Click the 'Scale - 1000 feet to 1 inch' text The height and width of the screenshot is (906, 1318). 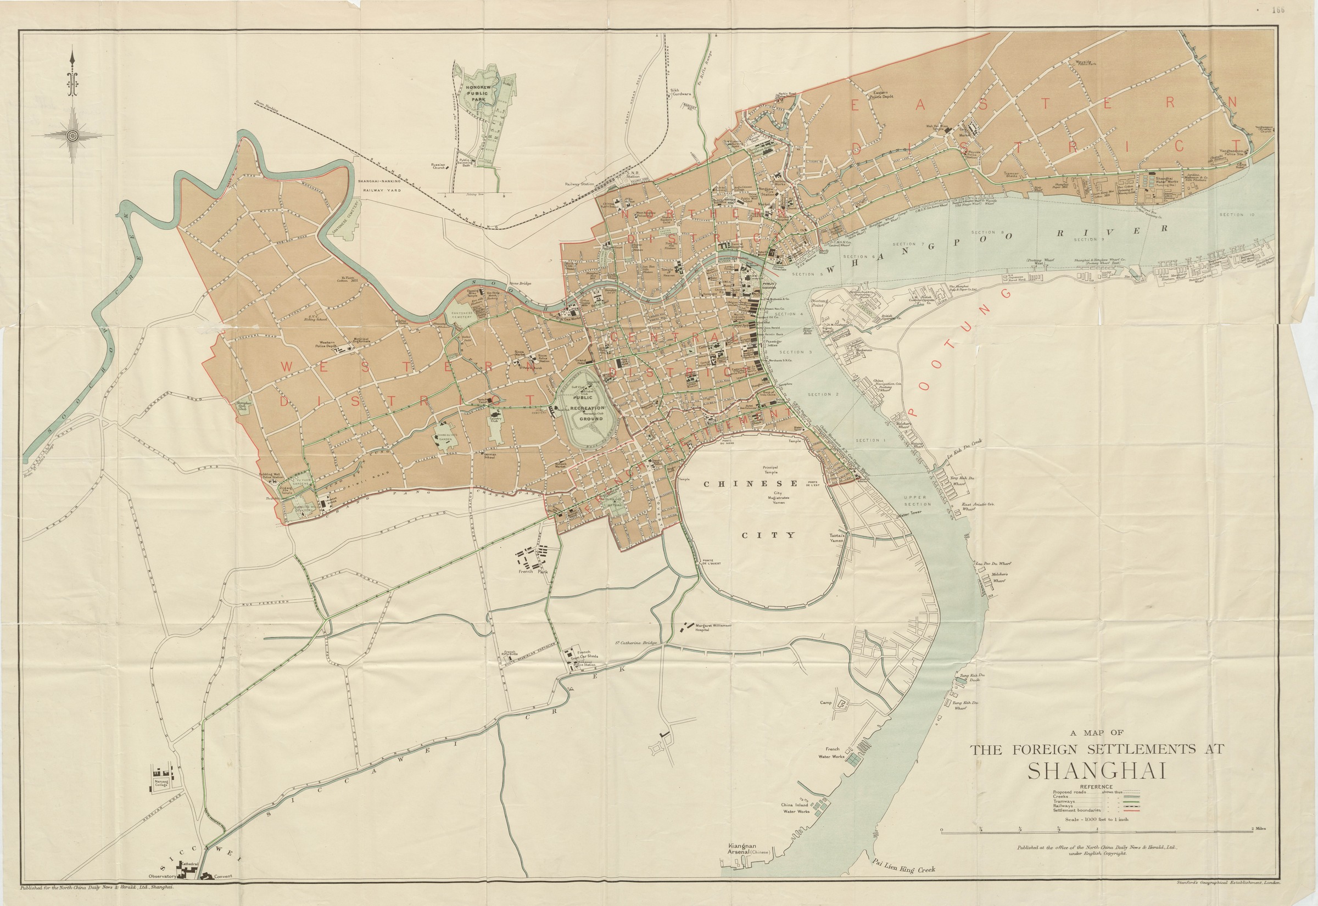point(1097,820)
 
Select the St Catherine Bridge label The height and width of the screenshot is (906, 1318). point(636,644)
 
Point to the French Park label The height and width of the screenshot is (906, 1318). point(531,572)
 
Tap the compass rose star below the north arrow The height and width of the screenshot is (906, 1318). point(72,136)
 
